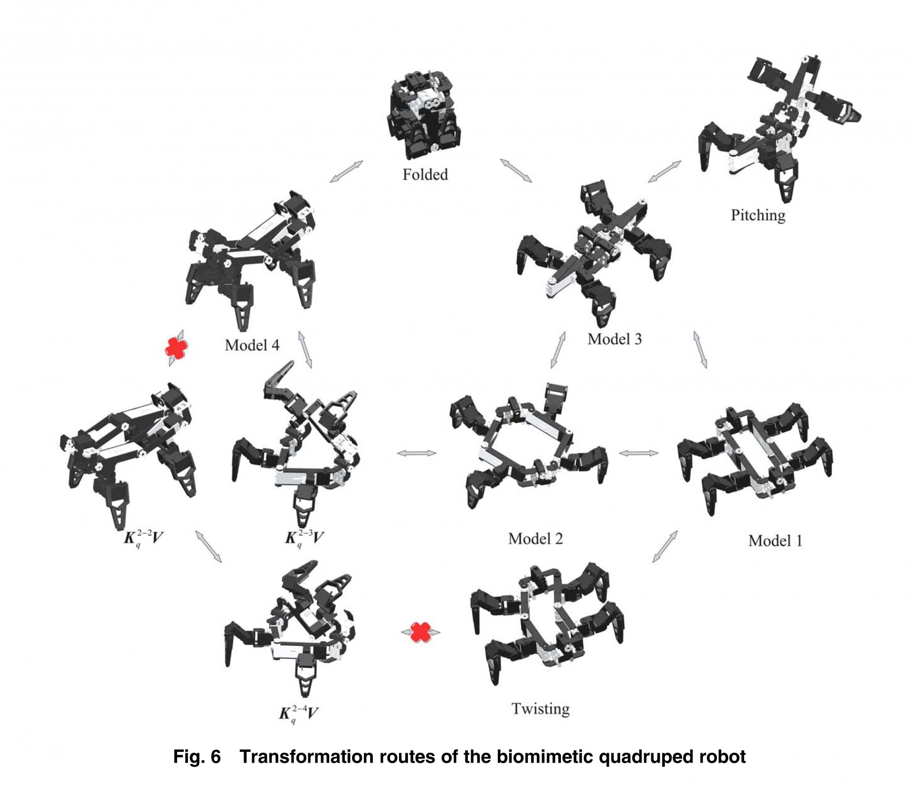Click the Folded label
(x=425, y=175)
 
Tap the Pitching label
(x=758, y=215)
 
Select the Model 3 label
(x=615, y=339)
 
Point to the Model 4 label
(x=252, y=345)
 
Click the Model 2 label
(x=535, y=539)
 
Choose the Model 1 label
(x=775, y=540)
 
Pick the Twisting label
(x=541, y=709)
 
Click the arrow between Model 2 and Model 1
(x=638, y=453)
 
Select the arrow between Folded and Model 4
(x=346, y=171)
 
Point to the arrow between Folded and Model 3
(x=516, y=170)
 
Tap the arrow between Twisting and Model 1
(x=665, y=547)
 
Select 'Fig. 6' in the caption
(x=197, y=756)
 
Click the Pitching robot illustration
(x=779, y=123)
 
